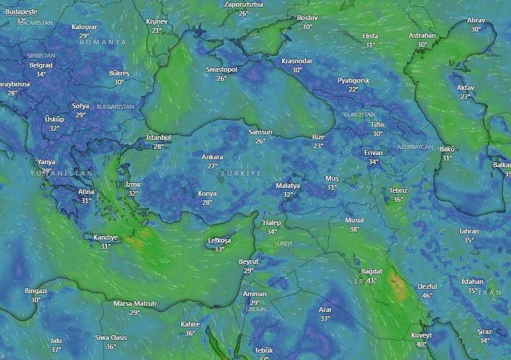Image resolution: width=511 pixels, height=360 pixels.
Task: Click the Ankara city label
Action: pos(212,157)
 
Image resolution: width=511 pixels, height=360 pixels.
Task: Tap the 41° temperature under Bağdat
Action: pos(371,280)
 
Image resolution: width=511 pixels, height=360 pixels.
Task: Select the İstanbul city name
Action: pos(159,137)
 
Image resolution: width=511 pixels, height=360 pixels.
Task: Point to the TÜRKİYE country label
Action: pos(241,173)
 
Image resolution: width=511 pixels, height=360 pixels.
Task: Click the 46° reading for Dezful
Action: pos(428,296)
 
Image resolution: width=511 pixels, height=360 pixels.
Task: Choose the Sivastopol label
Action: pos(222,69)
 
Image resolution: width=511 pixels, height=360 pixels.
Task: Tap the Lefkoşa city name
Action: pos(219,240)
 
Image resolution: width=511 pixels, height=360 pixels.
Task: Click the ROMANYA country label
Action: pos(103,42)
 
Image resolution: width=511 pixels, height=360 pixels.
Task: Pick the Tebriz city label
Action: pos(398,190)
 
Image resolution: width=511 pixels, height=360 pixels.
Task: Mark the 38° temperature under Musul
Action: pos(354,229)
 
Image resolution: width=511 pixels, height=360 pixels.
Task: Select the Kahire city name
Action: pos(190,324)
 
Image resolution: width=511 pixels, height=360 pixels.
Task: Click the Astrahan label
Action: pos(422,35)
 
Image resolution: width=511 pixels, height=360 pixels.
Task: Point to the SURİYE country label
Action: pos(284,243)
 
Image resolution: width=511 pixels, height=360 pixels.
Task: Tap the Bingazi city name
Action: pos(36,291)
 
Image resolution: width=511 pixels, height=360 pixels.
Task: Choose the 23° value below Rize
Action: pos(318,146)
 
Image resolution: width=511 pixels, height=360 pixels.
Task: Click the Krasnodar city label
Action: pos(297,61)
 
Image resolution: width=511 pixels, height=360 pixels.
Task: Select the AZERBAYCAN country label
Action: pos(415,147)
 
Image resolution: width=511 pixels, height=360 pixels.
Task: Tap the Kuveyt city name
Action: pos(421,335)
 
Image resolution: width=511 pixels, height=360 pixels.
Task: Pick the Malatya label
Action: pos(288,185)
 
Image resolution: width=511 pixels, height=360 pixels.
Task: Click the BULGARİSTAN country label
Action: pos(115,106)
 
